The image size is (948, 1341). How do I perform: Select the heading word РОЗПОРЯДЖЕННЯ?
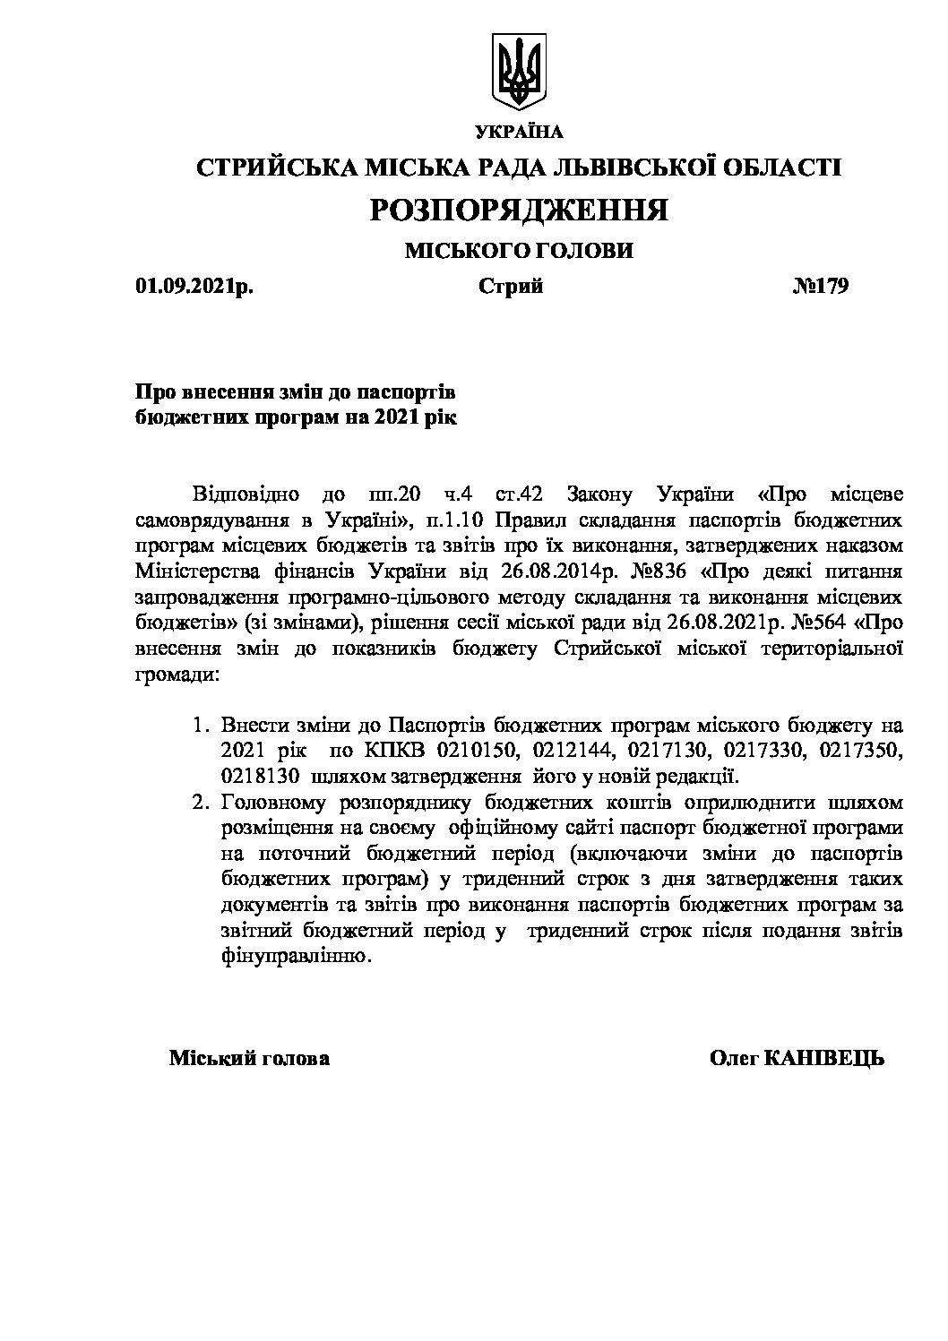click(x=519, y=210)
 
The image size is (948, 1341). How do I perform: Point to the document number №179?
click(x=820, y=287)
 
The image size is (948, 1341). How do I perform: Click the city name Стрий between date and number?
click(x=510, y=287)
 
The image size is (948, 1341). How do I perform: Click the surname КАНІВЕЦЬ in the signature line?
click(x=824, y=1059)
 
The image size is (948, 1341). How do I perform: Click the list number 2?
click(x=201, y=801)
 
